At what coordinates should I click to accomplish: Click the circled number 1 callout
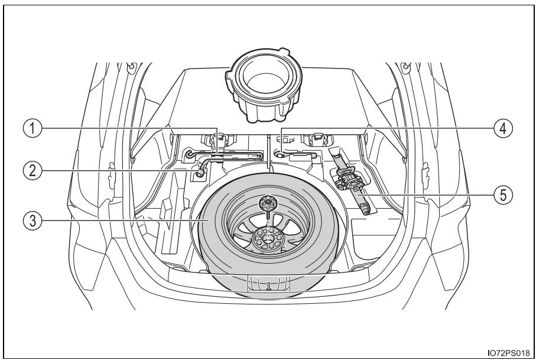pos(32,128)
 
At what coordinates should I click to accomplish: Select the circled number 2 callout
pos(32,170)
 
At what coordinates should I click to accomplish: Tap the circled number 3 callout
pos(32,221)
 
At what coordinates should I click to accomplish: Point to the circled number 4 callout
pos(503,128)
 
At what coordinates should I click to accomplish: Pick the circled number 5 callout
pos(503,195)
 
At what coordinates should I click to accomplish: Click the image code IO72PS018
pos(508,352)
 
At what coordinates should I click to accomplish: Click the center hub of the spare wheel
pos(269,237)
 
